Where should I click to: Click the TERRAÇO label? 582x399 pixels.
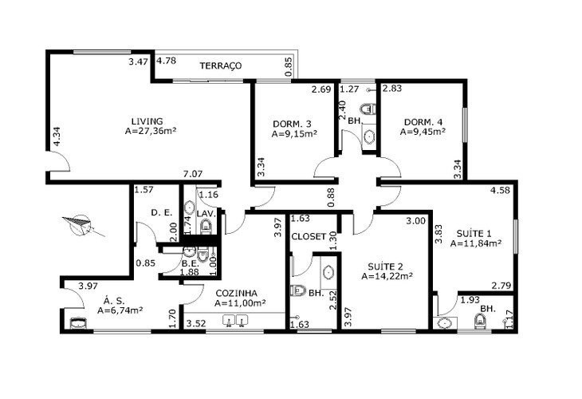(x=221, y=65)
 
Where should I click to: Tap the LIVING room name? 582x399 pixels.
(x=147, y=121)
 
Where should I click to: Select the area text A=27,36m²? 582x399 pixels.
(x=151, y=131)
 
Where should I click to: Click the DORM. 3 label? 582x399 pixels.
(x=292, y=124)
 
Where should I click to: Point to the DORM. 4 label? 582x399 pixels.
(x=423, y=122)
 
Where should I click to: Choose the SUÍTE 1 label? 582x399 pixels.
(x=474, y=234)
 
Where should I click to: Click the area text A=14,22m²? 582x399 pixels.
(x=387, y=276)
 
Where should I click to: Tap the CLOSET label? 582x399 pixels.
(x=309, y=237)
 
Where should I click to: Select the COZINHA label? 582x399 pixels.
(x=237, y=293)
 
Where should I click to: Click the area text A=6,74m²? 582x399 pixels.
(x=120, y=310)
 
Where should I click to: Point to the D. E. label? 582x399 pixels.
(x=162, y=213)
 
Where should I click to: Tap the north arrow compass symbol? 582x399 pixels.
(x=82, y=225)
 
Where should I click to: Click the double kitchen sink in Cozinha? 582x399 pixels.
(x=235, y=320)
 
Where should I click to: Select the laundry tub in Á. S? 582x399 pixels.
(x=78, y=323)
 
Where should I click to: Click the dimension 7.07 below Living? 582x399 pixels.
(x=193, y=174)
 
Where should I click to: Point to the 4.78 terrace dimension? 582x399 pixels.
(x=166, y=61)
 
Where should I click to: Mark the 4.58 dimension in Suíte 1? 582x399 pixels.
(x=500, y=191)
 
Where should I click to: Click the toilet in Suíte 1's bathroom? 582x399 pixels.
(x=480, y=322)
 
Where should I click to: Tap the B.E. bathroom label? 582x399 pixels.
(x=191, y=264)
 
